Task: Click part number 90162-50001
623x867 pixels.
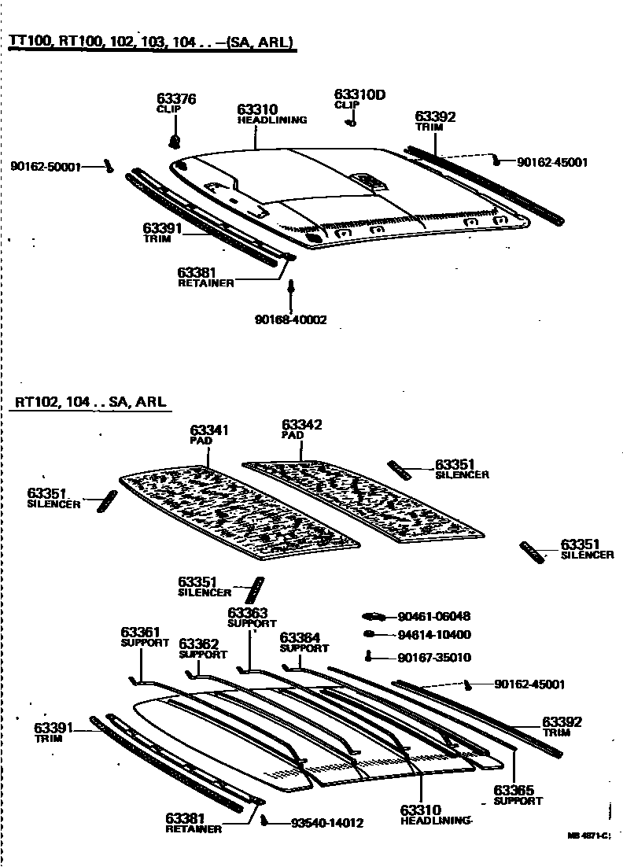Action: tap(46, 167)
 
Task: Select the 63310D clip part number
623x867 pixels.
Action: tap(359, 94)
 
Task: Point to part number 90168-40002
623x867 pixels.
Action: tap(290, 319)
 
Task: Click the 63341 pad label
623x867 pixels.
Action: tap(208, 430)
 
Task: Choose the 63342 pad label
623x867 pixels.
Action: tap(302, 425)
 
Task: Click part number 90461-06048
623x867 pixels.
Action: tap(434, 617)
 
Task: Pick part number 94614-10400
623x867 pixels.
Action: tap(434, 635)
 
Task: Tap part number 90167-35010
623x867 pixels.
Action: tap(434, 658)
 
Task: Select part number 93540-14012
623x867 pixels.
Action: tap(326, 823)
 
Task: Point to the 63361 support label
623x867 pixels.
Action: tap(141, 632)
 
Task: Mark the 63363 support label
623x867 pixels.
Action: tap(248, 613)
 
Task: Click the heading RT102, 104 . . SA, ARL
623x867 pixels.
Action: tap(90, 402)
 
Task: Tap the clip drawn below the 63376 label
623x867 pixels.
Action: tap(175, 142)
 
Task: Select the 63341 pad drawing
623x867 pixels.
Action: tap(236, 511)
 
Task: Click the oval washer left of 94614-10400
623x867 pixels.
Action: tap(369, 634)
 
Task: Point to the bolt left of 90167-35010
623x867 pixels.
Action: tap(369, 657)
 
